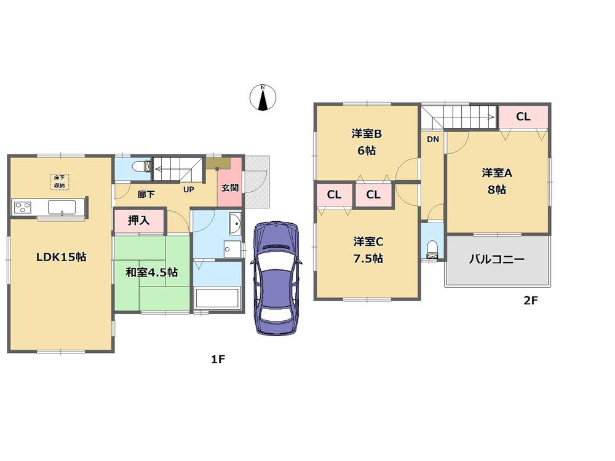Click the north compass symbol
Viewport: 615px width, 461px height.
263,98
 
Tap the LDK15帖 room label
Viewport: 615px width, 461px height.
60,258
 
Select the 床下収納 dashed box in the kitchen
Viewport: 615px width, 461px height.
59,181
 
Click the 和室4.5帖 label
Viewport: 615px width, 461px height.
152,272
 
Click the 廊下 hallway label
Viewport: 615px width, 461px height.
146,195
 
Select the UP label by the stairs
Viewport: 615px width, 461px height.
188,189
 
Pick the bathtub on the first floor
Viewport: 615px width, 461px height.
216,299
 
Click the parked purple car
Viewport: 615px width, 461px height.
277,277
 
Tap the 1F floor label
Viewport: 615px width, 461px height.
218,359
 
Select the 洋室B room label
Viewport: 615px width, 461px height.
367,133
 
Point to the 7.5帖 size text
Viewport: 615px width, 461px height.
368,259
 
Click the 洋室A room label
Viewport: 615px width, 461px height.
497,173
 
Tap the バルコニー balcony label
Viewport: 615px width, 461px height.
497,259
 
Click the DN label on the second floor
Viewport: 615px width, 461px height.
433,140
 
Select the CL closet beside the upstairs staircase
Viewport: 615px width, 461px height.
523,117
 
